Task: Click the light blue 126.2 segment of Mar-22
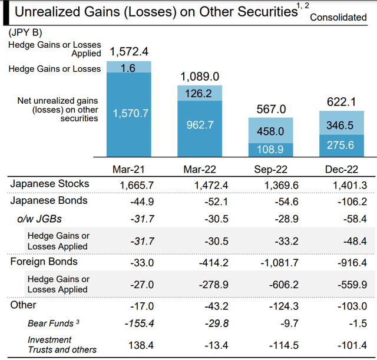[200, 93]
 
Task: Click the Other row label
[23, 305]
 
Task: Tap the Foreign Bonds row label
[44, 261]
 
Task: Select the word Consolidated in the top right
[338, 18]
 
